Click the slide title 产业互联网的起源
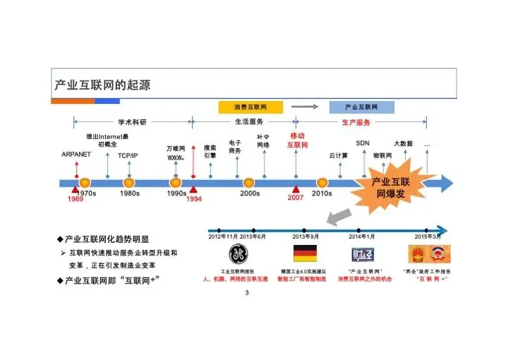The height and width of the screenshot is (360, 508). click(x=102, y=85)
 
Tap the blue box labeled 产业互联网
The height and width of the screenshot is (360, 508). click(x=361, y=107)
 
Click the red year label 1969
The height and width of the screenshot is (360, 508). click(x=75, y=200)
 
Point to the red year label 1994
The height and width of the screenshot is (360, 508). click(x=194, y=200)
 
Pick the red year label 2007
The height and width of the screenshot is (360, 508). click(x=296, y=198)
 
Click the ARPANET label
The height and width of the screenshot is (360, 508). click(x=75, y=154)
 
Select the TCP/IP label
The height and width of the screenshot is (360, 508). click(x=128, y=155)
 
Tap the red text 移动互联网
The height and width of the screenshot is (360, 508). click(x=297, y=140)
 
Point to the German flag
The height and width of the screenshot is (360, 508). click(x=305, y=253)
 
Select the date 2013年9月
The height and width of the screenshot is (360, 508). click(x=306, y=236)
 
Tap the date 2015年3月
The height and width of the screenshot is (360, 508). click(x=428, y=236)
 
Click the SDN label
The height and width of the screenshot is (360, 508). click(x=363, y=143)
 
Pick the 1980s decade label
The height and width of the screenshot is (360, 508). click(x=129, y=193)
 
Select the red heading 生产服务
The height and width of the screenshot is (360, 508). click(x=356, y=122)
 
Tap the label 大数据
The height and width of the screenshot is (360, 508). click(x=403, y=143)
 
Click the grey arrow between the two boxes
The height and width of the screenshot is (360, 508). click(x=305, y=107)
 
